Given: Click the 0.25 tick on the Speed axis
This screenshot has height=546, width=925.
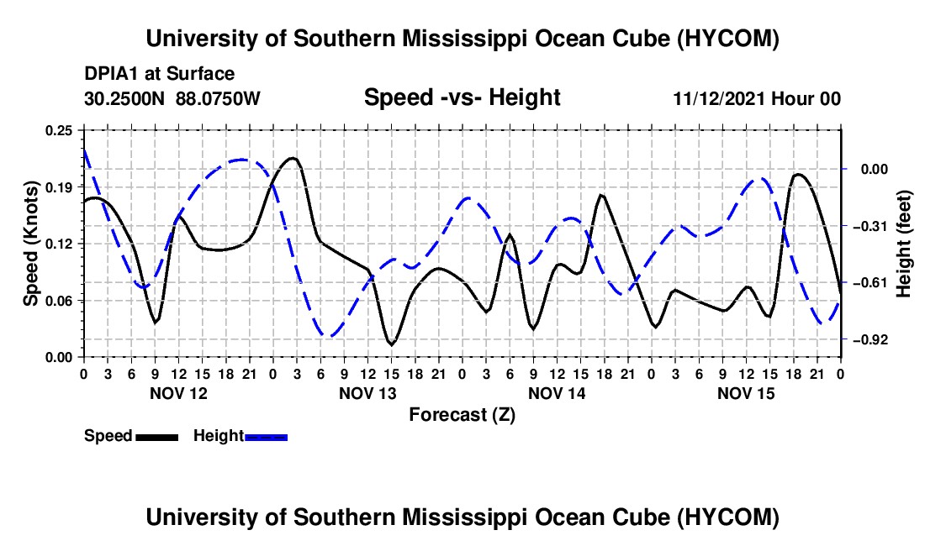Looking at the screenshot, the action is coord(58,130).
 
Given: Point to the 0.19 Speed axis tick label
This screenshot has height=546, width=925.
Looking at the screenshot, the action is coord(58,187).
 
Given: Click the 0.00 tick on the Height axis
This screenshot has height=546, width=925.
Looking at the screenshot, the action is coord(875,170).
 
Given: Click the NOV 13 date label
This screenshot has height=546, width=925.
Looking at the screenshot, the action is coord(367,393).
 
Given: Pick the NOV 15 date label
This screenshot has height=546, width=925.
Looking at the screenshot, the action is coord(746,393).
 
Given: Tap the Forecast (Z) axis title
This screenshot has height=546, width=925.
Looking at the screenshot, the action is coord(462,415).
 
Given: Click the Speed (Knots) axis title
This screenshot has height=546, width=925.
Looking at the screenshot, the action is coord(30,244).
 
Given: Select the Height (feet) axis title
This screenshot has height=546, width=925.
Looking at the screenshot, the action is coord(903,244).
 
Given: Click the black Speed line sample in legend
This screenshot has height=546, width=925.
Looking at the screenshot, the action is coord(156,437).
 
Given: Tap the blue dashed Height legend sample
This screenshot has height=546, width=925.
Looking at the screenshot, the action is coord(266,437).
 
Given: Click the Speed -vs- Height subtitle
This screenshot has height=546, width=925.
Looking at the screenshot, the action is coord(462,97).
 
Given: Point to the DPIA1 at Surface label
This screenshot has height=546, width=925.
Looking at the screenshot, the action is coord(159,74).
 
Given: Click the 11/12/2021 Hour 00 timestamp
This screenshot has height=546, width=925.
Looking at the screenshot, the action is coord(757,98).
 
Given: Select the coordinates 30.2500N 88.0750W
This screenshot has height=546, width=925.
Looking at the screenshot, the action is coord(172,98).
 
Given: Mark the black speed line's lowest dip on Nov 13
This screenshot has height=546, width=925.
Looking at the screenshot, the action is coord(391,344).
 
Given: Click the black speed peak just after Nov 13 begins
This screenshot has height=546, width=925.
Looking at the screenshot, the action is coord(293,158).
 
